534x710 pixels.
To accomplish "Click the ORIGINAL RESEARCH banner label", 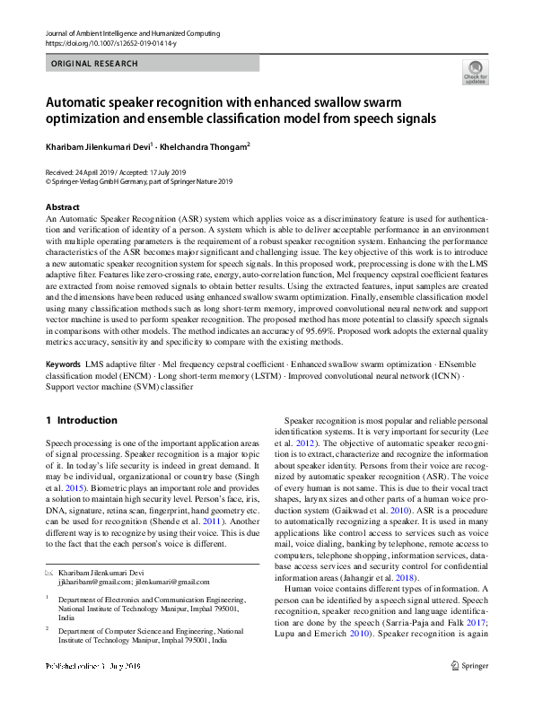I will [95, 64].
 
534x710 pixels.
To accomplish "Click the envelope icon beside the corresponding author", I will [49, 572].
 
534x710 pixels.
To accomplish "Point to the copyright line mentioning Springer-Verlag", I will [139, 180].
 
